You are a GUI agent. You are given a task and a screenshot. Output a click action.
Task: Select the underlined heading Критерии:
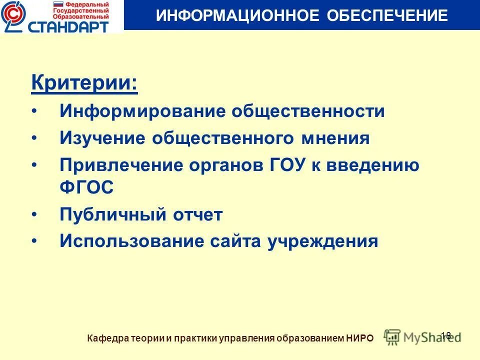coord(84,82)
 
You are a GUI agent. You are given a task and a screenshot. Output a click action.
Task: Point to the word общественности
coord(307,111)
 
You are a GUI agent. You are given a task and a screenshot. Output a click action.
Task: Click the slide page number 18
coord(446,335)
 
